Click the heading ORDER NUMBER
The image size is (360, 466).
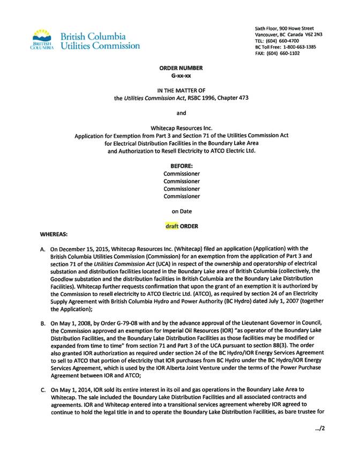[181, 68]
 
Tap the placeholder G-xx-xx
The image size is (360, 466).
[181, 76]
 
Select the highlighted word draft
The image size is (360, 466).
[172, 226]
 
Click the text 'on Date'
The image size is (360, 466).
[181, 211]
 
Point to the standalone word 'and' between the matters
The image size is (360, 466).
[181, 113]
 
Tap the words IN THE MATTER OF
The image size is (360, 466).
[181, 91]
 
